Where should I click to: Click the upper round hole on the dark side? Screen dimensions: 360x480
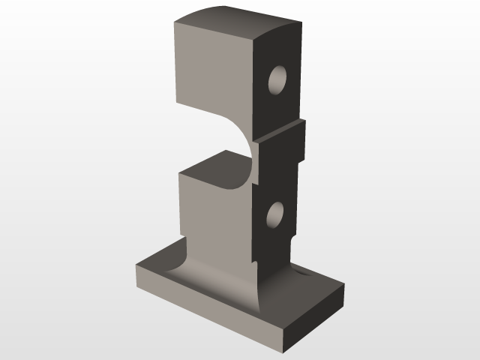tap(278, 79)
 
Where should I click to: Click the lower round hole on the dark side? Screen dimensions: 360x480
tap(277, 215)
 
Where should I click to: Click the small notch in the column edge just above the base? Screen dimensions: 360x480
tap(254, 263)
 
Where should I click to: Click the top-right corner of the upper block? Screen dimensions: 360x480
tap(301, 19)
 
